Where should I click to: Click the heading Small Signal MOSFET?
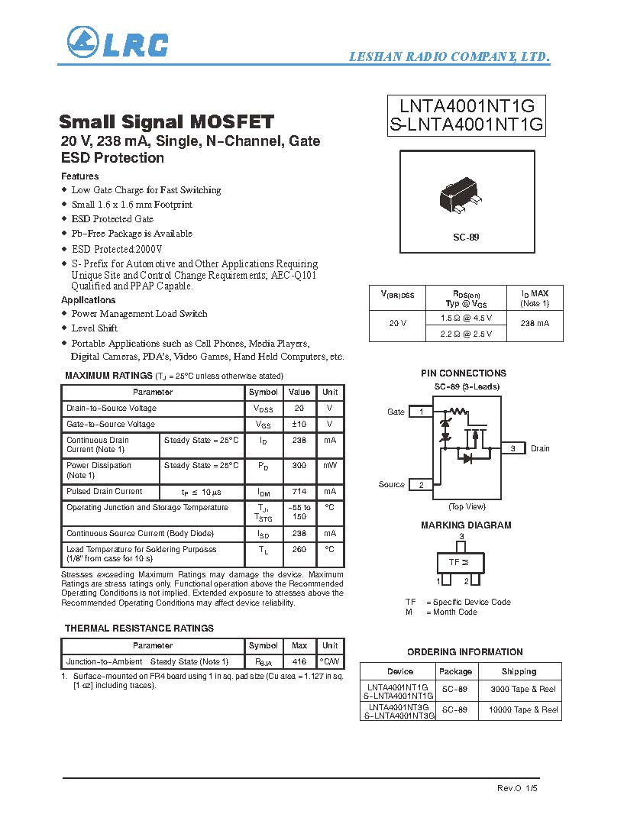[167, 122]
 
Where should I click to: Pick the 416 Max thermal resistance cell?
[299, 662]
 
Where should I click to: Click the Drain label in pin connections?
[540, 448]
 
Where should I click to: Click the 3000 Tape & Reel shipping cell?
[523, 690]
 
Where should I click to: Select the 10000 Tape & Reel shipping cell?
[523, 710]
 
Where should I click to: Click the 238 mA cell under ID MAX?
[535, 324]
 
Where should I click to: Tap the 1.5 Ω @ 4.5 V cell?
[466, 318]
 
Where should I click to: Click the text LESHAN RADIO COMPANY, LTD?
[449, 57]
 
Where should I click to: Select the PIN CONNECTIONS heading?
[463, 373]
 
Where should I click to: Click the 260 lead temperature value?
[299, 549]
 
